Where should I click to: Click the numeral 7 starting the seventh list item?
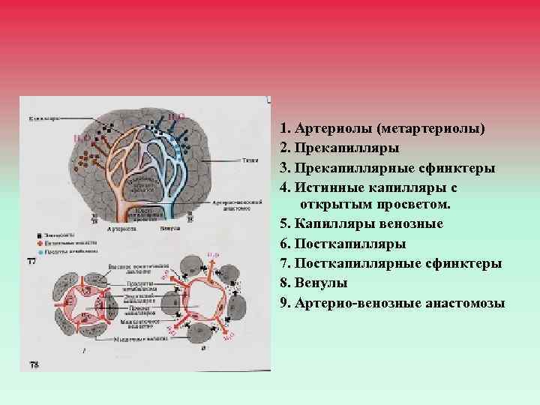283,262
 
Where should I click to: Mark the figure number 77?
32,261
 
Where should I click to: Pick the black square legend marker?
40,236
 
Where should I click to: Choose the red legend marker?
40,244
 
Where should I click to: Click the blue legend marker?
40,251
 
